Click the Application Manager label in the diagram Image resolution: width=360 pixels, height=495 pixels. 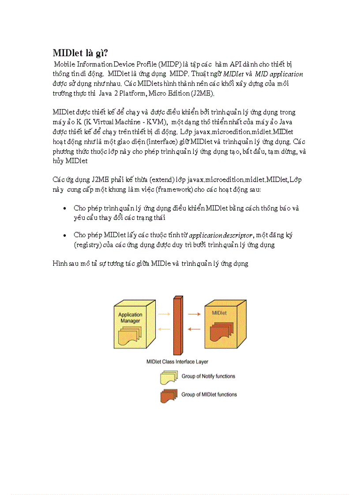click(x=130, y=317)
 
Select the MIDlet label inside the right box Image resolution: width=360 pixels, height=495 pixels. click(x=219, y=313)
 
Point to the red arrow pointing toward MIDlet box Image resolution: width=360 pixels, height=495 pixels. click(x=194, y=314)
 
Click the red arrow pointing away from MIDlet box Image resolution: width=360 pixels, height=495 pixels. click(x=194, y=329)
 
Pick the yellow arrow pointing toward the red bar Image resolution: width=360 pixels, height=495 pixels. click(x=164, y=314)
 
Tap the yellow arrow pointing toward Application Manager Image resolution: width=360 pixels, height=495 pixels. click(x=164, y=329)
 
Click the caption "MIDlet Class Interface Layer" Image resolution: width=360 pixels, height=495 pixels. click(x=177, y=361)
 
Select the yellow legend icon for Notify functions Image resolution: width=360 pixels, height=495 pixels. click(x=169, y=378)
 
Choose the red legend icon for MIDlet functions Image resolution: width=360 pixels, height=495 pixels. click(x=169, y=395)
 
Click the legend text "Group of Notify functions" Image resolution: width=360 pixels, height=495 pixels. click(x=208, y=376)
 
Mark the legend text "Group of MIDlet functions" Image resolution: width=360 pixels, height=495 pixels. click(x=209, y=395)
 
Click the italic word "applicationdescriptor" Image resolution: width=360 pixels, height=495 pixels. click(x=221, y=235)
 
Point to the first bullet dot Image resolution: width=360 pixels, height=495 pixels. click(x=65, y=208)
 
